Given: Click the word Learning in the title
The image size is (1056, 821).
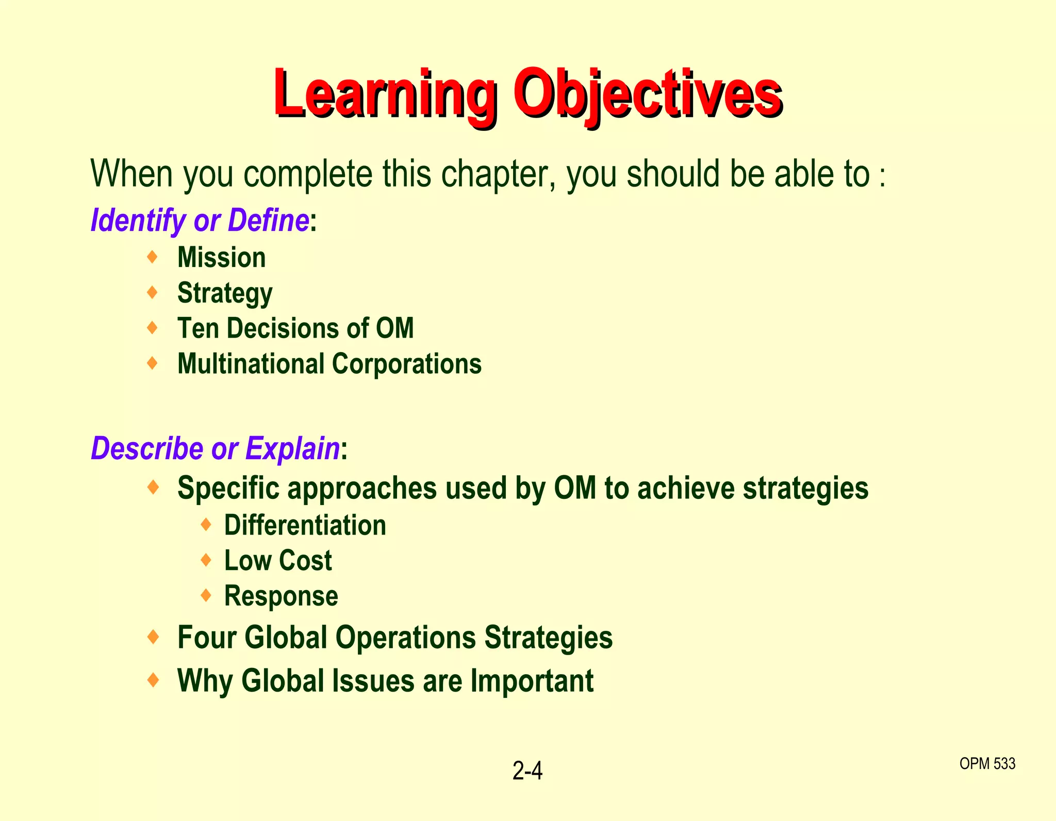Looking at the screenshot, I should (x=384, y=94).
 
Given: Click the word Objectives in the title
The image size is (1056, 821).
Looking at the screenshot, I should (x=648, y=94).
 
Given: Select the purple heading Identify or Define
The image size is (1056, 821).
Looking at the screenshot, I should (x=200, y=221).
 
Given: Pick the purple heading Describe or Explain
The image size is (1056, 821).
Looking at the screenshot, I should (x=215, y=448).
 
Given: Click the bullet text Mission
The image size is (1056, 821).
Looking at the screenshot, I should (x=221, y=257).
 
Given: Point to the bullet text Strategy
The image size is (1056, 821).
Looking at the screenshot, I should (x=225, y=293).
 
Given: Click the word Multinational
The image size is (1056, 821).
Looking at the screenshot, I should (x=251, y=364).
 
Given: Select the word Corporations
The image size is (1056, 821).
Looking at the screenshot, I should (x=407, y=364).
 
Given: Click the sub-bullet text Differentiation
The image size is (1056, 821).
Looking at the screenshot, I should (x=305, y=525).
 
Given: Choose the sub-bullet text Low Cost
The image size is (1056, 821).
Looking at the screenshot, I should (x=278, y=560).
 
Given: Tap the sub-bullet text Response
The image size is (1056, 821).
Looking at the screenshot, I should (x=281, y=596).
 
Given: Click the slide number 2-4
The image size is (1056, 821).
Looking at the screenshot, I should (x=527, y=771).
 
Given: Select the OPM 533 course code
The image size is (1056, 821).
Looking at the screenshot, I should (x=987, y=763).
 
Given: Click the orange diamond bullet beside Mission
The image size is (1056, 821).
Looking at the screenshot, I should (x=152, y=256).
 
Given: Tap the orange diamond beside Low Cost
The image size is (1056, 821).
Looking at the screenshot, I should (x=206, y=560).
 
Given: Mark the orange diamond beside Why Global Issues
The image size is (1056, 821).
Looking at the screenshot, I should (x=153, y=680).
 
